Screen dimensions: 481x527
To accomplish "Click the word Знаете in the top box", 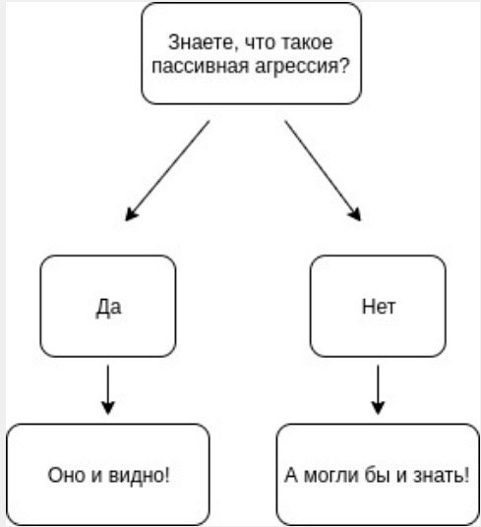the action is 201,43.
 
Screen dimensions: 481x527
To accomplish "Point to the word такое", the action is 306,42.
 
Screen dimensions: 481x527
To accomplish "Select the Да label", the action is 108,308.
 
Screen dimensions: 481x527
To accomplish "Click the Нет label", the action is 379,307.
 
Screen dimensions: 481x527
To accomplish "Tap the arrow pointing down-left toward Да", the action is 167,171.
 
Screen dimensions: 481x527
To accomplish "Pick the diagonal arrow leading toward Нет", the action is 323,171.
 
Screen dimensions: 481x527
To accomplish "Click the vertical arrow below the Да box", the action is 108,389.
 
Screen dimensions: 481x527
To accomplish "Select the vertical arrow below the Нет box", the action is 378,389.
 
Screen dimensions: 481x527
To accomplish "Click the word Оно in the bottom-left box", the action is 66,475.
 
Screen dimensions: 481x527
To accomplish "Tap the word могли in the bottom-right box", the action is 331,476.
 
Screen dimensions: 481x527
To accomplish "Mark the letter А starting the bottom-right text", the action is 291,475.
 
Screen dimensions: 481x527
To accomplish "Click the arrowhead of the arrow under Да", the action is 108,408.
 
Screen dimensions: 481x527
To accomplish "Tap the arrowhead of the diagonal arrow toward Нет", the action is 356,214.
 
